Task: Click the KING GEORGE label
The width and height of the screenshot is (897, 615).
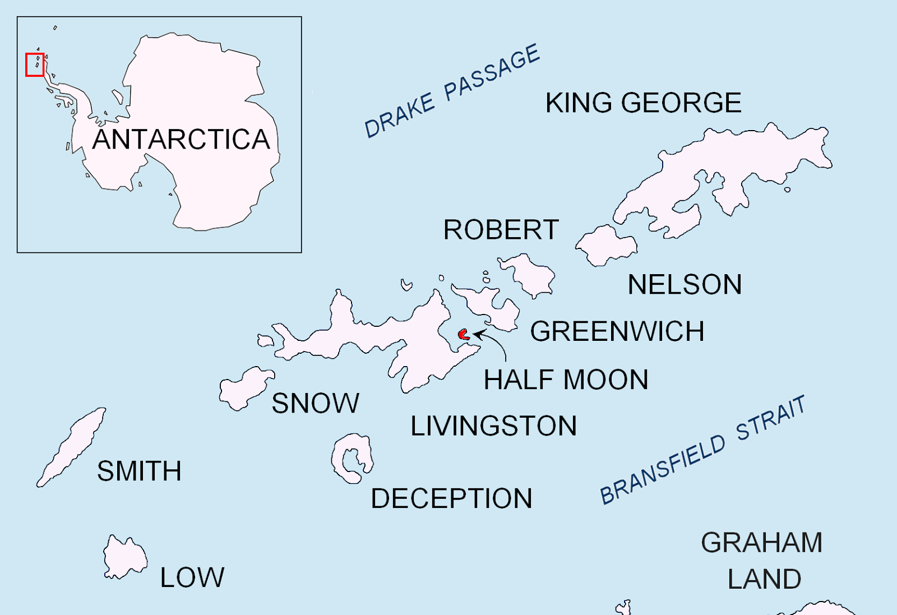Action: [644, 103]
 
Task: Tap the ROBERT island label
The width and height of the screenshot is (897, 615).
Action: [501, 230]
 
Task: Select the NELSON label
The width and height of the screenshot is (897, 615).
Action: [685, 285]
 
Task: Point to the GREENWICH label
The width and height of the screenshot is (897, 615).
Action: [617, 331]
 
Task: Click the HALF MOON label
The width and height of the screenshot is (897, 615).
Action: [566, 380]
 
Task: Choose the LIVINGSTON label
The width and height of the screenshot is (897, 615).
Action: [493, 426]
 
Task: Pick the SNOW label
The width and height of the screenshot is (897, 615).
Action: [315, 404]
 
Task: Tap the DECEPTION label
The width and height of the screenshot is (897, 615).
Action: [451, 498]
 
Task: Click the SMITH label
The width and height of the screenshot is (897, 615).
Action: [139, 471]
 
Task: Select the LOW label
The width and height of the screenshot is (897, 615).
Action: [192, 577]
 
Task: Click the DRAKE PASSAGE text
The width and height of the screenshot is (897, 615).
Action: [452, 91]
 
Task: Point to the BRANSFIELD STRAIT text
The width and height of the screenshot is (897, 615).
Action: [702, 450]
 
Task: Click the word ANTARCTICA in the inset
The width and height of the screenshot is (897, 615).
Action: [181, 140]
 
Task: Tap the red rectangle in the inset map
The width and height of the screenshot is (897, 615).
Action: [35, 64]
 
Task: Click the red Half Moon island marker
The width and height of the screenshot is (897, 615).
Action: [463, 335]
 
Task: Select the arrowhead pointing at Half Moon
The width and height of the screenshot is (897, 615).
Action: [477, 335]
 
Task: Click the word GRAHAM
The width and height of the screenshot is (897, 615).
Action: [761, 543]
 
